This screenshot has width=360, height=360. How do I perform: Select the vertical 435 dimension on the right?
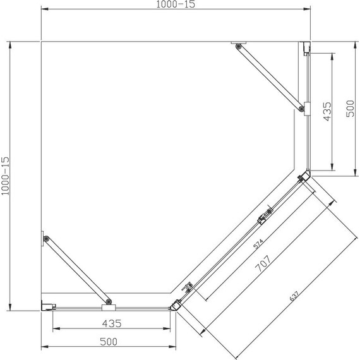(327, 111)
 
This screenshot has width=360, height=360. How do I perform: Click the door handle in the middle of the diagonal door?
(264, 219)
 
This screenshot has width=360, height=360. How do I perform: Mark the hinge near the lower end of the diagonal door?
(189, 289)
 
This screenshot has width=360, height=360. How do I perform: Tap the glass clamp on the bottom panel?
(109, 306)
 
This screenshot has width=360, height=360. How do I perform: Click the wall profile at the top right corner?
(306, 48)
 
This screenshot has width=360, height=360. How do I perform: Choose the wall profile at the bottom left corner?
(46, 307)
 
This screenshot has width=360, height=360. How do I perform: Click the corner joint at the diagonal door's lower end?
(174, 305)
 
